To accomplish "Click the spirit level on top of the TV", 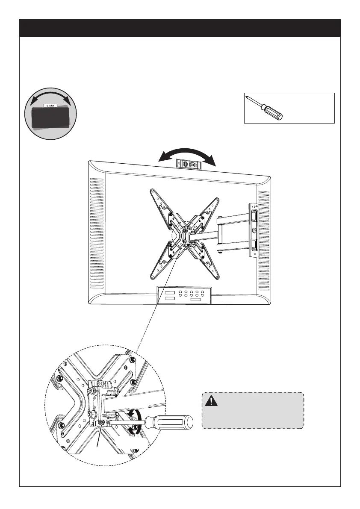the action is [x=187, y=163].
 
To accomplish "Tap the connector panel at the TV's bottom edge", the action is [x=184, y=295].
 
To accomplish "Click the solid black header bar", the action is [x=180, y=28].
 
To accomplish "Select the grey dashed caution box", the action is [x=252, y=410].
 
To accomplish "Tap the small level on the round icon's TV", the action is [x=50, y=104].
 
